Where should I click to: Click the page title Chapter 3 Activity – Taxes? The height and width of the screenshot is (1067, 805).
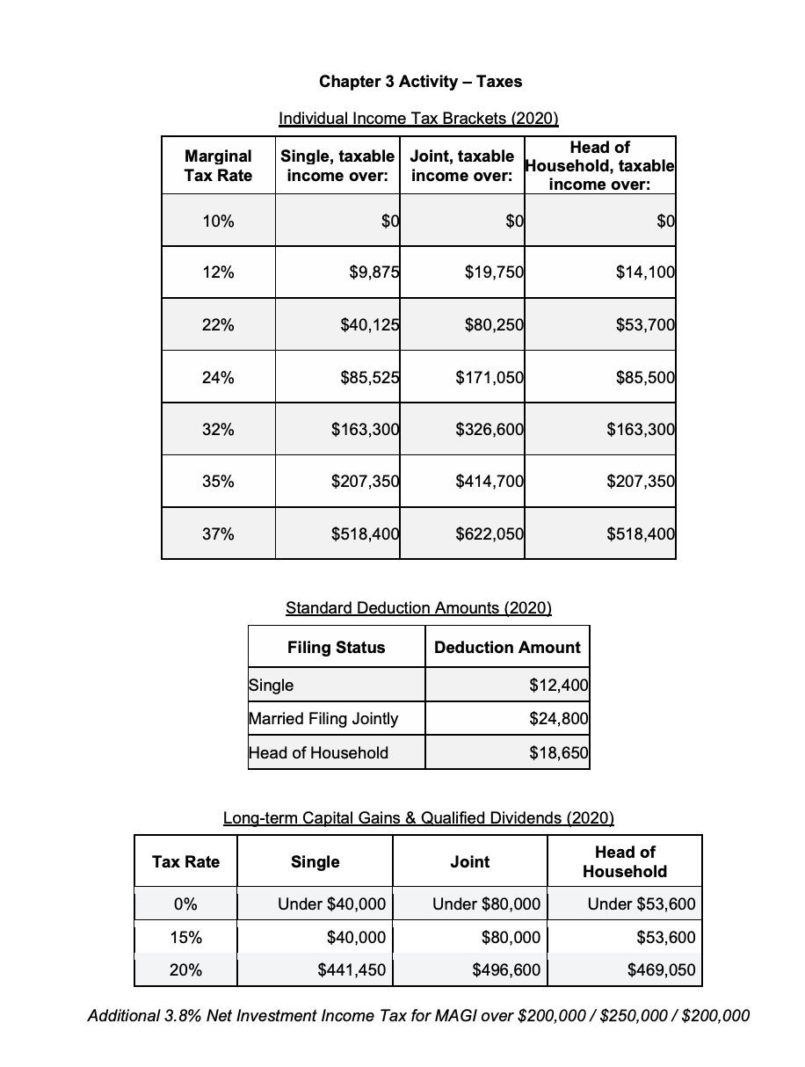point(420,82)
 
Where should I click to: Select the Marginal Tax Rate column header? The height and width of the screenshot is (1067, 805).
point(218,165)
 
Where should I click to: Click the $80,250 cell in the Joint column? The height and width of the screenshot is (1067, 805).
point(494,324)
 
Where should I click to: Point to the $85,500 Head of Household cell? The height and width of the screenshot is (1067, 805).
point(640,377)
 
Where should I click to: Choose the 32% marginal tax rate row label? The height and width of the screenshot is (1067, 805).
point(218,429)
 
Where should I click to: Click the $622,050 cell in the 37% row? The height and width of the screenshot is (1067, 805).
point(490,533)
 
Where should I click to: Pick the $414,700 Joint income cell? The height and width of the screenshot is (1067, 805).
point(490,481)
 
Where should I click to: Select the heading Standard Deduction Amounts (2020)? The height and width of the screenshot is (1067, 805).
point(419,607)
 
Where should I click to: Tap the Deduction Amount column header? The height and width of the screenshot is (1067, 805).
point(507,648)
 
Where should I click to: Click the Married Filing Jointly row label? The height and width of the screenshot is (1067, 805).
point(323,718)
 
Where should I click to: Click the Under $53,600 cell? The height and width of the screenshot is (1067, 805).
point(642,904)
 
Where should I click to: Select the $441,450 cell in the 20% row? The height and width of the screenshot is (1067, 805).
point(351,970)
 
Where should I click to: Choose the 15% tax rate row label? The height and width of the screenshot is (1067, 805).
point(185,937)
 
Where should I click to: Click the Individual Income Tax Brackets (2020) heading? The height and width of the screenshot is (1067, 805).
point(418,118)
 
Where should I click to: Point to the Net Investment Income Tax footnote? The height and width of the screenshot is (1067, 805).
point(419,1016)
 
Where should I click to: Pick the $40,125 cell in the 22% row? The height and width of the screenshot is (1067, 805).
point(370,324)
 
